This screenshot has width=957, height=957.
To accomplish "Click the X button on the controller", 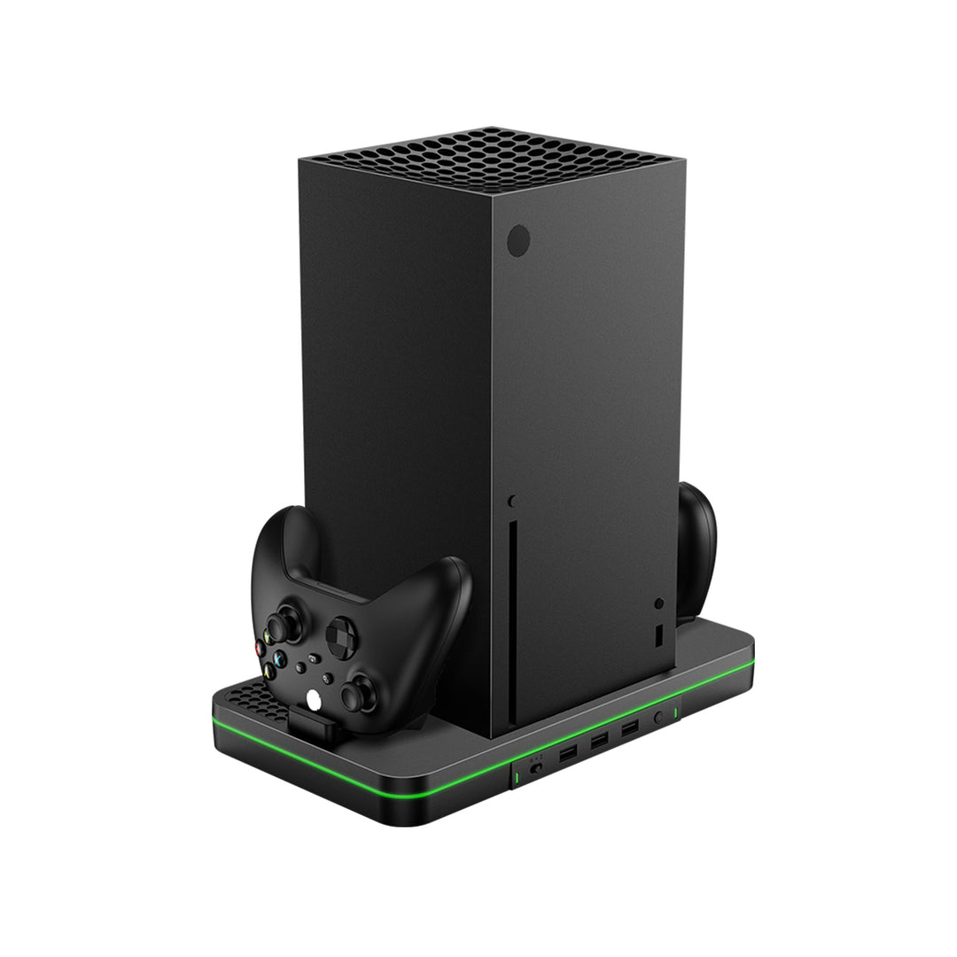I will [279, 659].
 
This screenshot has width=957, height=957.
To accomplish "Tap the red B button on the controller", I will [260, 648].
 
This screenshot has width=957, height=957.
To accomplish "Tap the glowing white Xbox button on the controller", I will [314, 700].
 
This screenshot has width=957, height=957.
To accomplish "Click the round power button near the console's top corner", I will [518, 240].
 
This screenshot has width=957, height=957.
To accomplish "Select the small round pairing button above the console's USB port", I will [659, 603].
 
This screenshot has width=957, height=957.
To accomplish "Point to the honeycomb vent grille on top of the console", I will [492, 159].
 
